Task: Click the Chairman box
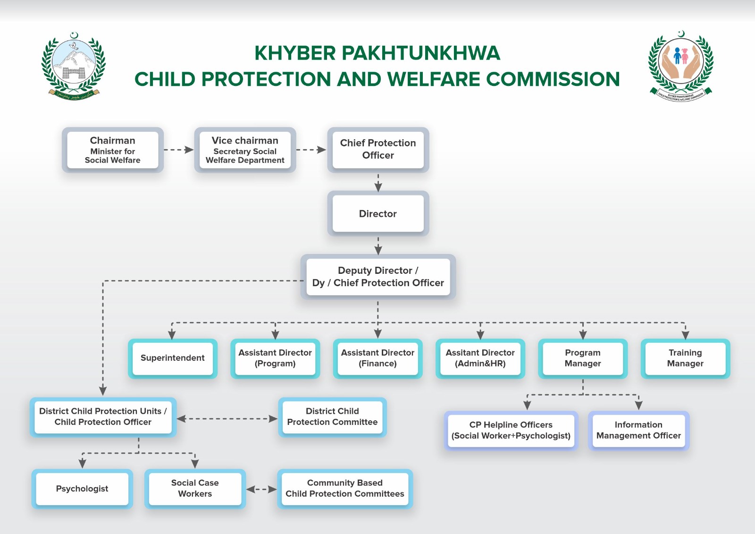click(x=113, y=150)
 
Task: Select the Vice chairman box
click(x=245, y=150)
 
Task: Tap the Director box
click(x=378, y=213)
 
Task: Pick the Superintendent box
click(x=173, y=358)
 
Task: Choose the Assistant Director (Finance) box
click(x=377, y=358)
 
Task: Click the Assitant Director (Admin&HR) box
click(x=480, y=358)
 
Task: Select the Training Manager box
click(x=685, y=358)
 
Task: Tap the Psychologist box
click(x=82, y=489)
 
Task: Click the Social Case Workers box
click(x=195, y=489)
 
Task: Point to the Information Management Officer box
click(x=639, y=431)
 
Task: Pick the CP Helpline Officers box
click(x=511, y=431)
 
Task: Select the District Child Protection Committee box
click(x=332, y=417)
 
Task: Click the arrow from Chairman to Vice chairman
click(x=179, y=150)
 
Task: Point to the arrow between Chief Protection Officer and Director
click(x=378, y=183)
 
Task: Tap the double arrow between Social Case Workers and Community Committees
click(x=261, y=489)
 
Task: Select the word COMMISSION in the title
click(x=553, y=79)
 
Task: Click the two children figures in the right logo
click(x=681, y=56)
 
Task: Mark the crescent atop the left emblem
click(x=74, y=35)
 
